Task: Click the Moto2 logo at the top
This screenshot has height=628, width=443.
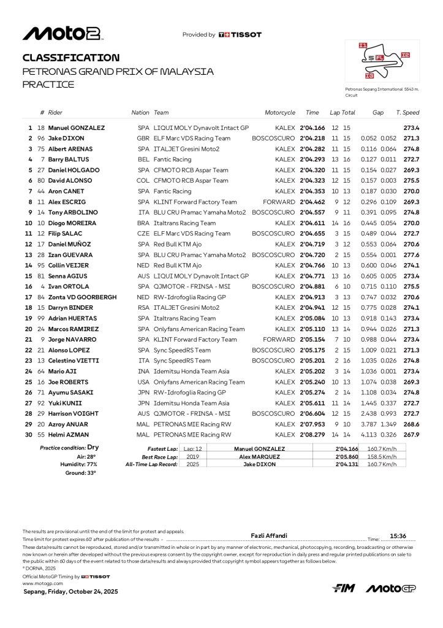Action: tap(62, 34)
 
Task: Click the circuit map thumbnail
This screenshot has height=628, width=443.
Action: tap(382, 63)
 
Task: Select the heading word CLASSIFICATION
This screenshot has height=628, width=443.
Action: tap(70, 58)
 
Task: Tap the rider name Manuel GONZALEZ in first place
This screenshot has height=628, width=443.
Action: tap(77, 128)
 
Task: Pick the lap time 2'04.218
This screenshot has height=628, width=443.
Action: tap(312, 138)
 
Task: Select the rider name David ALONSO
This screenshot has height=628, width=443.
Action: tap(71, 180)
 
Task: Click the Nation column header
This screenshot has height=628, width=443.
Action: tap(140, 113)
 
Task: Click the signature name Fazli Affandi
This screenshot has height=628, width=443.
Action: tap(270, 535)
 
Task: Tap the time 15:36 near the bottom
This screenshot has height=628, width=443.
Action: tap(398, 535)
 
